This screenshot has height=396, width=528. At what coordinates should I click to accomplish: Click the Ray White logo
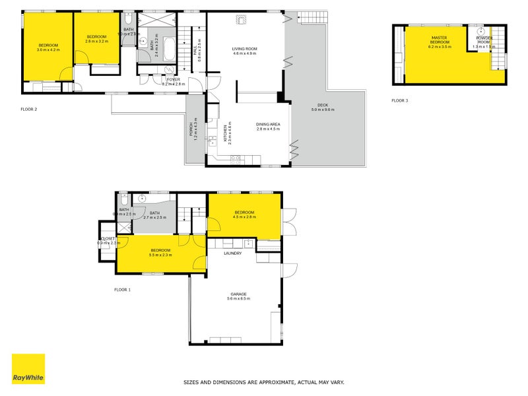click(x=28, y=369)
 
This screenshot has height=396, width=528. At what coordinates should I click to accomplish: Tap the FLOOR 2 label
click(x=30, y=109)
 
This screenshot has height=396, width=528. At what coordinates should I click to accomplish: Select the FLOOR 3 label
click(x=400, y=100)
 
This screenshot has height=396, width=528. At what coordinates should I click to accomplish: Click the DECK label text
click(x=322, y=105)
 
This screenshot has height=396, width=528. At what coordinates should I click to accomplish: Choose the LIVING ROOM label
click(x=244, y=49)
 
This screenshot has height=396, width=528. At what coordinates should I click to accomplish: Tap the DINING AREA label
click(x=268, y=125)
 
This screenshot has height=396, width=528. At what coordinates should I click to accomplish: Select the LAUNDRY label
click(x=232, y=253)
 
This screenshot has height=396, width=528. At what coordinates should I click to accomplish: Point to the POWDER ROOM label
click(x=484, y=41)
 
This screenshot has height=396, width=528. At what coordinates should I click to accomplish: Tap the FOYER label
click(x=174, y=80)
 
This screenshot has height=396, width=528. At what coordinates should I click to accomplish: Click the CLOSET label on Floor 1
click(x=107, y=238)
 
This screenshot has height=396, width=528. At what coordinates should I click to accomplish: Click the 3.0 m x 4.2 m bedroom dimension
click(x=48, y=49)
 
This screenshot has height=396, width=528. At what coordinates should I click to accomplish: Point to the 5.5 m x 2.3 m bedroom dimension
click(x=160, y=255)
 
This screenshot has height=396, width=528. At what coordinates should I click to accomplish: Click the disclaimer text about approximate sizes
click(x=263, y=382)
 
